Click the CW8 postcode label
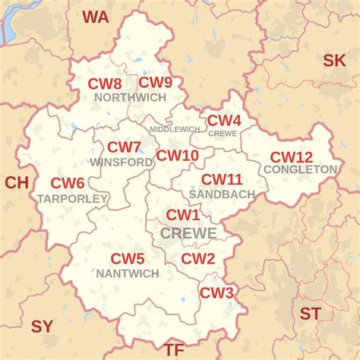pyautogui.click(x=104, y=84)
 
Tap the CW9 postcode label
pyautogui.click(x=155, y=83)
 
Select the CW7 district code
pyautogui.click(x=124, y=147)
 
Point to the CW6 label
pyautogui.click(x=68, y=183)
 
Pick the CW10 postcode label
pyautogui.click(x=177, y=156)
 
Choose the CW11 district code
pyautogui.click(x=221, y=180)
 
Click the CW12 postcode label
pyautogui.click(x=291, y=157)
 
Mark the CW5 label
pyautogui.click(x=128, y=259)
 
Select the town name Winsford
pyautogui.click(x=122, y=162)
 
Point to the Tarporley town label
pyautogui.click(x=72, y=198)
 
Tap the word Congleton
pyautogui.click(x=301, y=169)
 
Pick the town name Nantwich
pyautogui.click(x=128, y=273)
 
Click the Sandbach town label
pyautogui.click(x=222, y=194)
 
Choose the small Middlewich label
pyautogui.click(x=174, y=129)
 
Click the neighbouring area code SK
pyautogui.click(x=334, y=61)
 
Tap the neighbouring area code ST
pyautogui.click(x=310, y=313)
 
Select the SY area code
pyautogui.click(x=42, y=327)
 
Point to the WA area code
pyautogui.click(x=96, y=17)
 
